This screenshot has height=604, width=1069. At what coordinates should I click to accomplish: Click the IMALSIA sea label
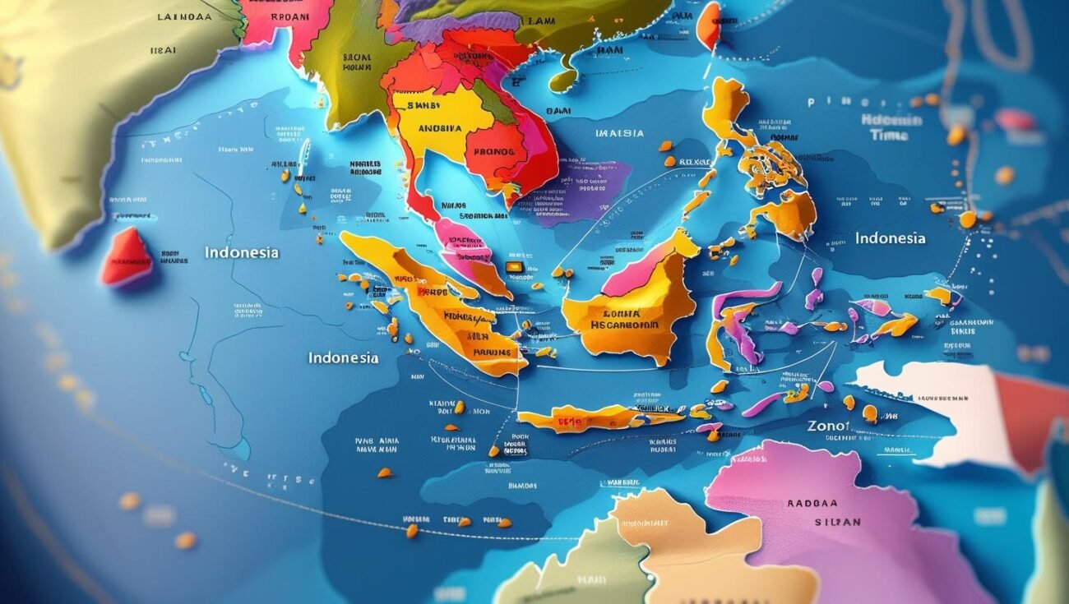click(619, 133)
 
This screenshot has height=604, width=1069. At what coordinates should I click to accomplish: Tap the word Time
click(889, 136)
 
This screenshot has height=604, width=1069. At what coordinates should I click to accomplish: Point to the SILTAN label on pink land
click(839, 522)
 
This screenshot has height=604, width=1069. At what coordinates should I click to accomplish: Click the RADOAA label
click(812, 504)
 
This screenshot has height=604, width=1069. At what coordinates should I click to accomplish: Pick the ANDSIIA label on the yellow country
click(440, 128)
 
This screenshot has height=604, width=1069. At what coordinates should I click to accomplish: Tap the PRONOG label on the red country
click(495, 152)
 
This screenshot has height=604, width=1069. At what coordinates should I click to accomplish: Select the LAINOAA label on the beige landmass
click(184, 16)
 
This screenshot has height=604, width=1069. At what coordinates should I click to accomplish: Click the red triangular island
click(127, 257)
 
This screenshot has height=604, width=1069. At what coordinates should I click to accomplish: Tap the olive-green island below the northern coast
click(563, 80)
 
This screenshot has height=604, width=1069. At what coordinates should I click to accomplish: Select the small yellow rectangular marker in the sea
click(515, 266)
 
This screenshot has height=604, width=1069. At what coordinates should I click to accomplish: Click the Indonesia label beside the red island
click(242, 252)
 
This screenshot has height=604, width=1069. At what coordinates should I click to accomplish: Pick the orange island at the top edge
click(707, 25)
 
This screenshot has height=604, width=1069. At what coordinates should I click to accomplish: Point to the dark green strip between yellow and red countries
click(493, 103)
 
